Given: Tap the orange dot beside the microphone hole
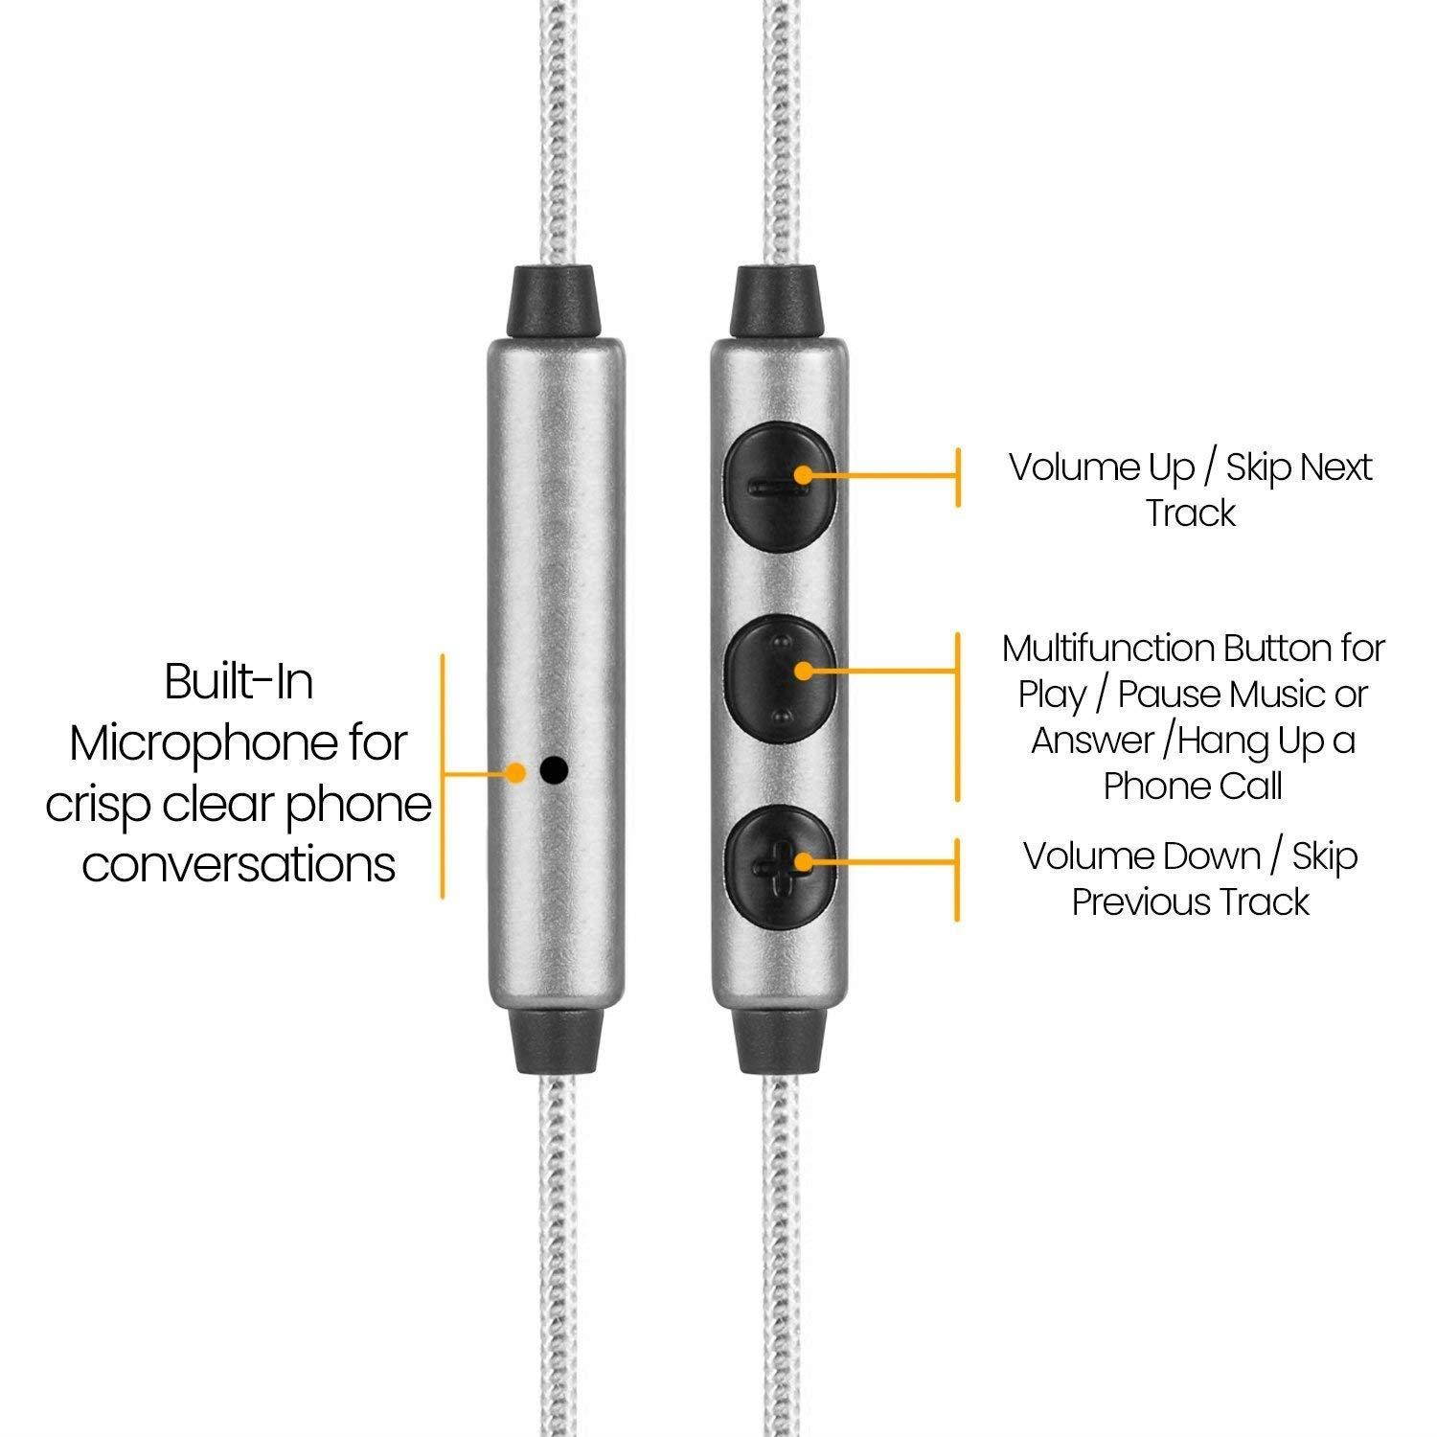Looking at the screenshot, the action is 517,772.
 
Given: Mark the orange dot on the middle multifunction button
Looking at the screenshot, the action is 803,670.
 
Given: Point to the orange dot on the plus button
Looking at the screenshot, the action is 803,859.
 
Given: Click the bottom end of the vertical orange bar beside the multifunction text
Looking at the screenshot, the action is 957,800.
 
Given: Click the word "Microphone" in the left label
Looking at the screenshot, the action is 239,745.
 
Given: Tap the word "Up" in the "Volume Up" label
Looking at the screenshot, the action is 1172,468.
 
